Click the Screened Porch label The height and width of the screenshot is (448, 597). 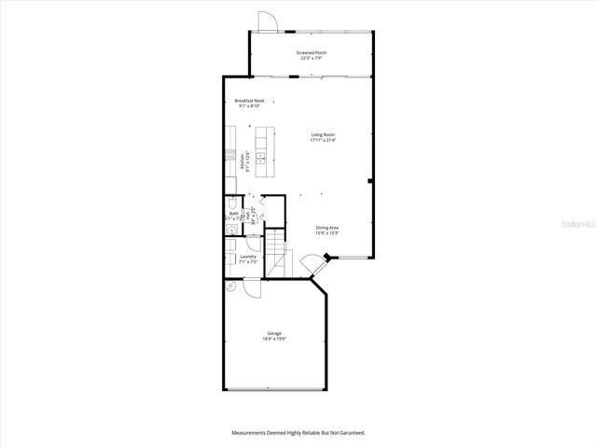(x=312, y=52)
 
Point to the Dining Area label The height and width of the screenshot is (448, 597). (x=326, y=228)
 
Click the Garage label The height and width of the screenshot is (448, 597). (x=274, y=333)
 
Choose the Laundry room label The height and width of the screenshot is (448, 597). (x=247, y=256)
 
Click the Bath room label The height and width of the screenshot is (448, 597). (x=234, y=214)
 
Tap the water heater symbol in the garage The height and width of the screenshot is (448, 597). (x=230, y=286)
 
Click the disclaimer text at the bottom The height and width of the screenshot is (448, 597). (x=298, y=432)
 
